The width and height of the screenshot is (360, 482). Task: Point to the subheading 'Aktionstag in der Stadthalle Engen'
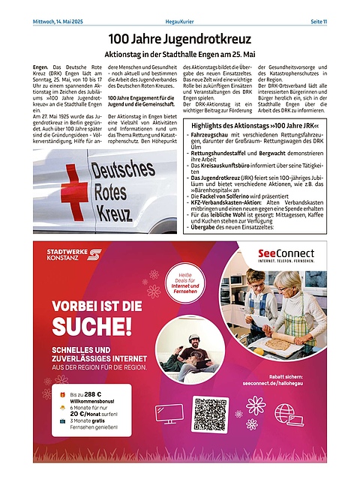pyautogui.click(x=180, y=55)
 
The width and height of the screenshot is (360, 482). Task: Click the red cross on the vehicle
pyautogui.click(x=74, y=191)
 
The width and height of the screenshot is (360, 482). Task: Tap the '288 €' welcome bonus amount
pyautogui.click(x=92, y=394)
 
